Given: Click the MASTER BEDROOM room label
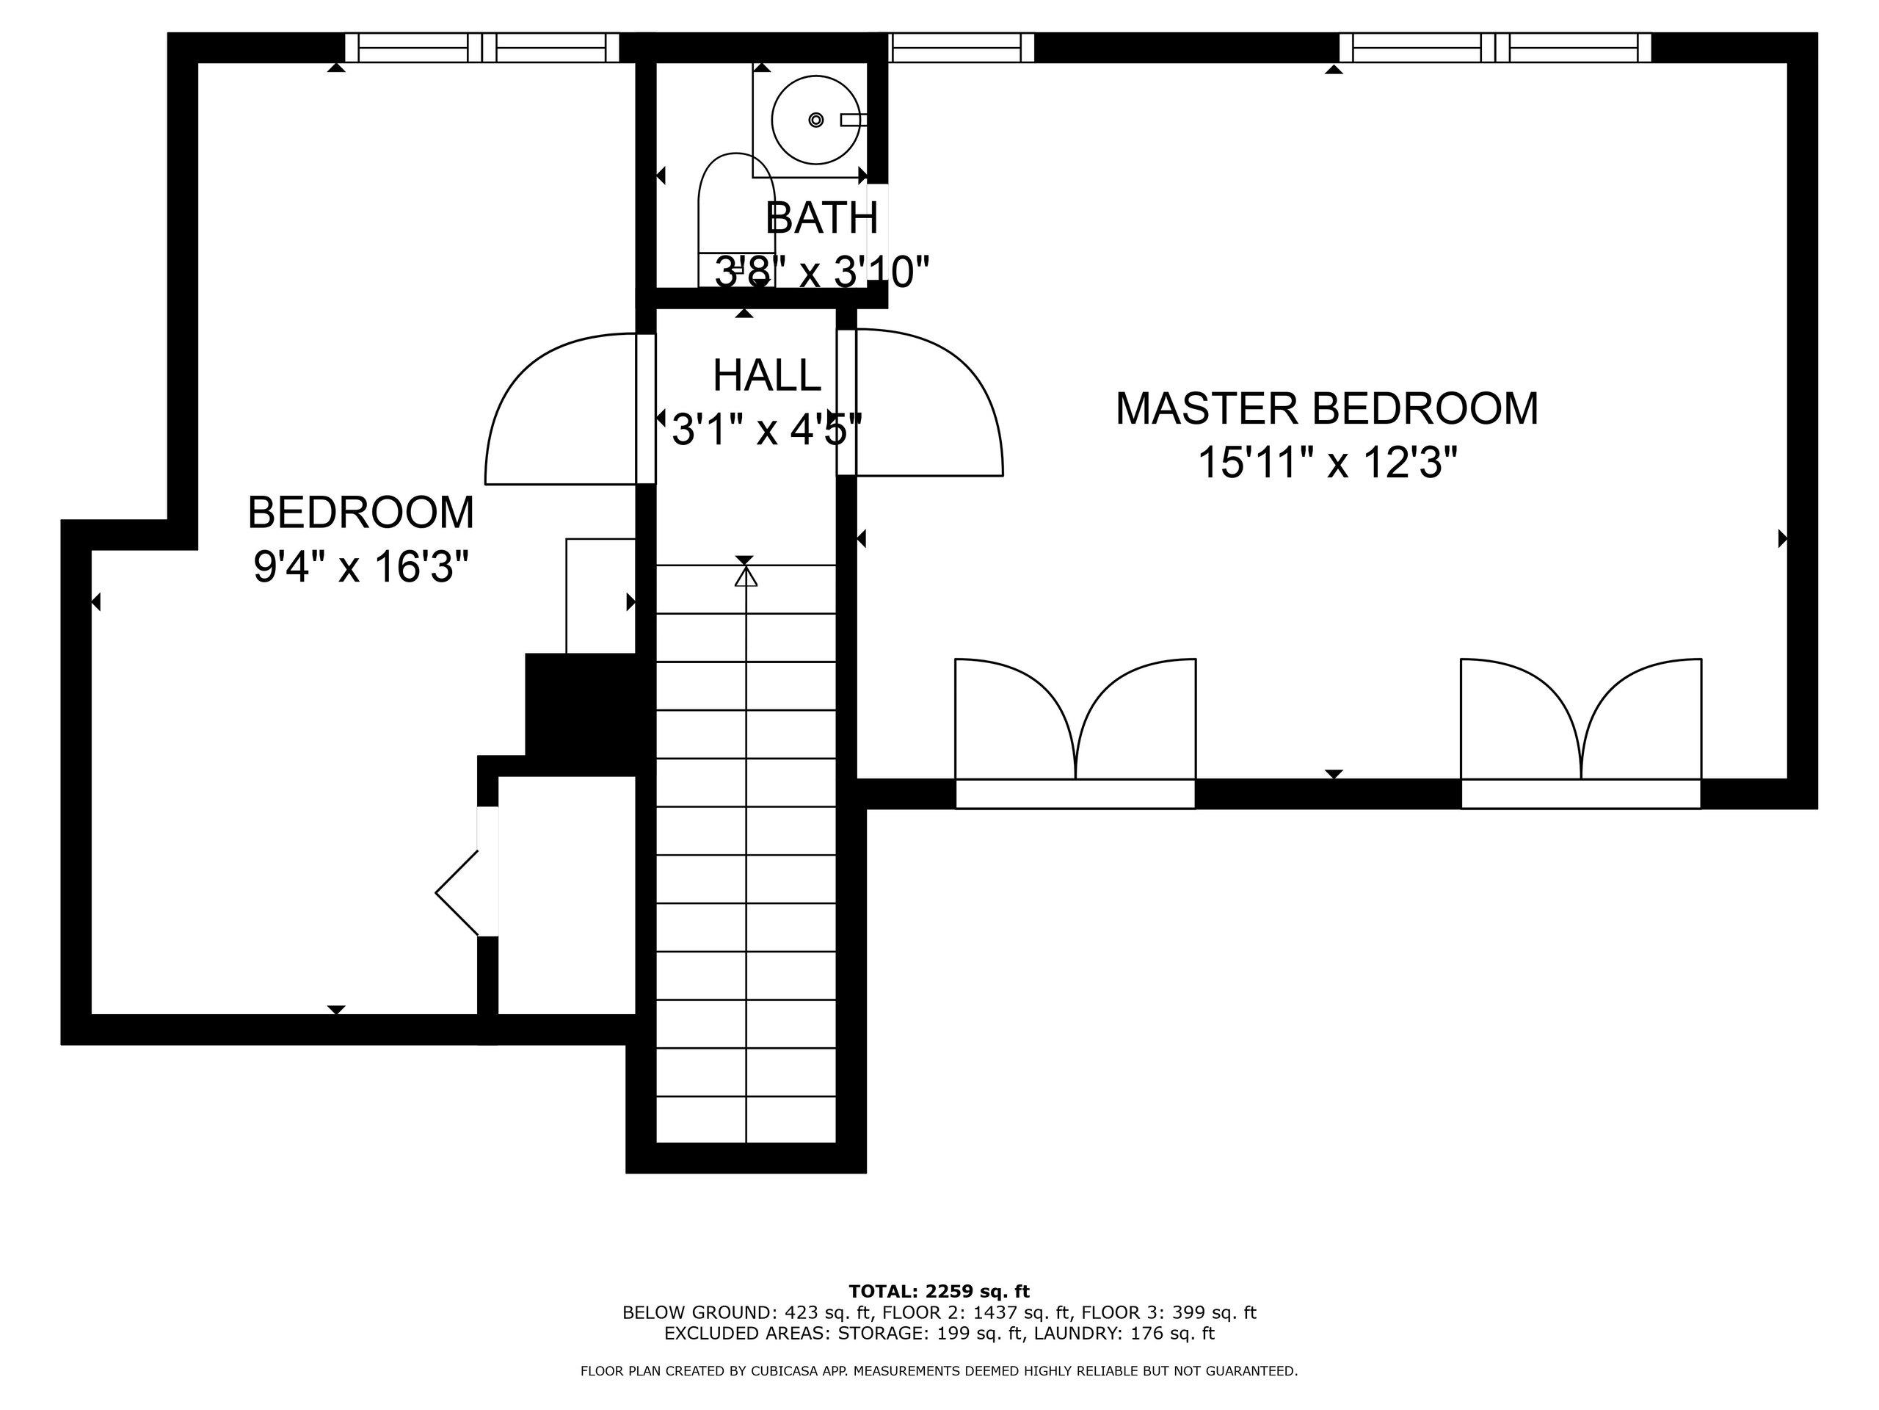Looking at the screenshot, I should point(1326,409).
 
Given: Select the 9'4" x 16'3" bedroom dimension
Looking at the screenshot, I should point(361,567).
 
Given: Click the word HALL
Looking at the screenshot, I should point(766,376).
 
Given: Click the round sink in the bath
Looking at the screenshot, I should point(815,120).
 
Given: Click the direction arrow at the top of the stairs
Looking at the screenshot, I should point(745,576).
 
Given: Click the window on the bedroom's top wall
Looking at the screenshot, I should point(481,48).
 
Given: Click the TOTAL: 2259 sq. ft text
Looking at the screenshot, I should point(939,1292).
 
